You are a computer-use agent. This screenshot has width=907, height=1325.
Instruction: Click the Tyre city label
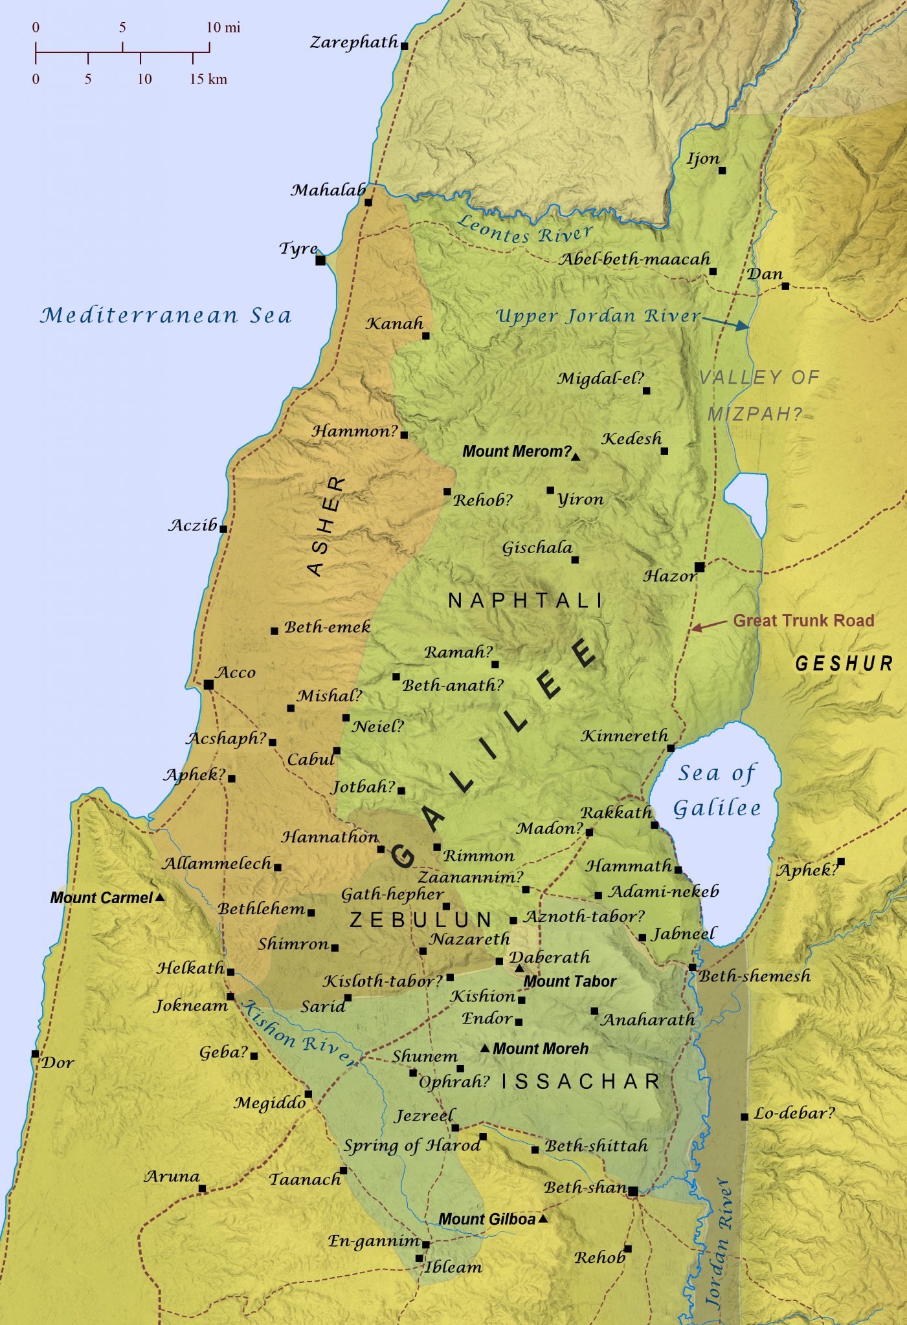coord(298,248)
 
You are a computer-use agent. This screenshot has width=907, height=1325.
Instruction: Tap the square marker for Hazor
coord(699,567)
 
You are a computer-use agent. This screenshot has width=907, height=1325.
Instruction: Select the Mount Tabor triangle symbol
coord(519,969)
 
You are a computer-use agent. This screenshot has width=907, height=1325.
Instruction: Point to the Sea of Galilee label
coord(717,790)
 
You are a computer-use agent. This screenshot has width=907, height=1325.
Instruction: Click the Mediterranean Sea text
coord(166,316)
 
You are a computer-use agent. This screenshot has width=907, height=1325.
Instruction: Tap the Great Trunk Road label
coord(803,620)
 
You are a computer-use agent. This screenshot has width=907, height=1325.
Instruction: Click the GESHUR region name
coord(844,663)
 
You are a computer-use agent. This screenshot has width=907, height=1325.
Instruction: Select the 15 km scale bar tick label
coord(208,79)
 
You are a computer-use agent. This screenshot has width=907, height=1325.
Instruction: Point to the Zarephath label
coord(353,43)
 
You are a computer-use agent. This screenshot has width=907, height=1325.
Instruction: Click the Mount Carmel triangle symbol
coord(160,897)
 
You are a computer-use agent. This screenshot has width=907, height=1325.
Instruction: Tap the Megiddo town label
coord(269,1102)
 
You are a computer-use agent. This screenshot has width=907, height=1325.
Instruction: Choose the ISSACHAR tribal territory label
coord(581,1082)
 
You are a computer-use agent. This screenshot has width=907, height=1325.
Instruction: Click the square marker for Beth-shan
coord(633,1191)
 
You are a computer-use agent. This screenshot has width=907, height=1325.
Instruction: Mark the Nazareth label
coord(469,939)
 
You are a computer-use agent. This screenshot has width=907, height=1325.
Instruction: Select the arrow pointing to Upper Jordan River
coord(726,323)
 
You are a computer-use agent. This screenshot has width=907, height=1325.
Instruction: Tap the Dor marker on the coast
coord(35,1054)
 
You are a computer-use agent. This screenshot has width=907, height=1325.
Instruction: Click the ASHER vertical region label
coord(326,526)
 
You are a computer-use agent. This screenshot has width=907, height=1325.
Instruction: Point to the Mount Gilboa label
coord(487,1220)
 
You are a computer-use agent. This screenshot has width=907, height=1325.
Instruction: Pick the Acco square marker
coord(208,684)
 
